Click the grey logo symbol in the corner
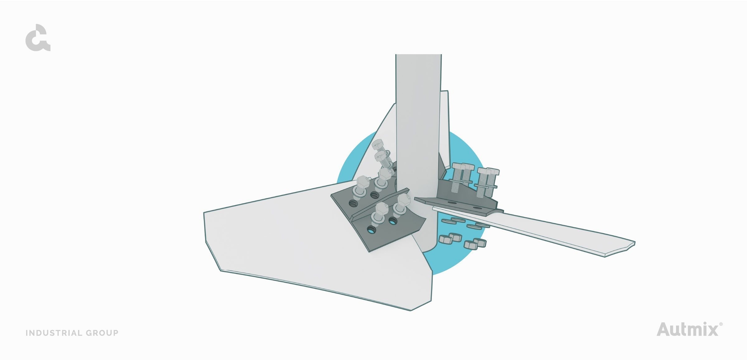pos(38,38)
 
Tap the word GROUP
pos(102,333)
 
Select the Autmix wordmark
pos(687,329)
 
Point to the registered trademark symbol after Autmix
pos(721,324)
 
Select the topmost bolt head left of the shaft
pos(378,146)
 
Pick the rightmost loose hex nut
pos(481,243)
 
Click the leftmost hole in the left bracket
pos(352,203)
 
